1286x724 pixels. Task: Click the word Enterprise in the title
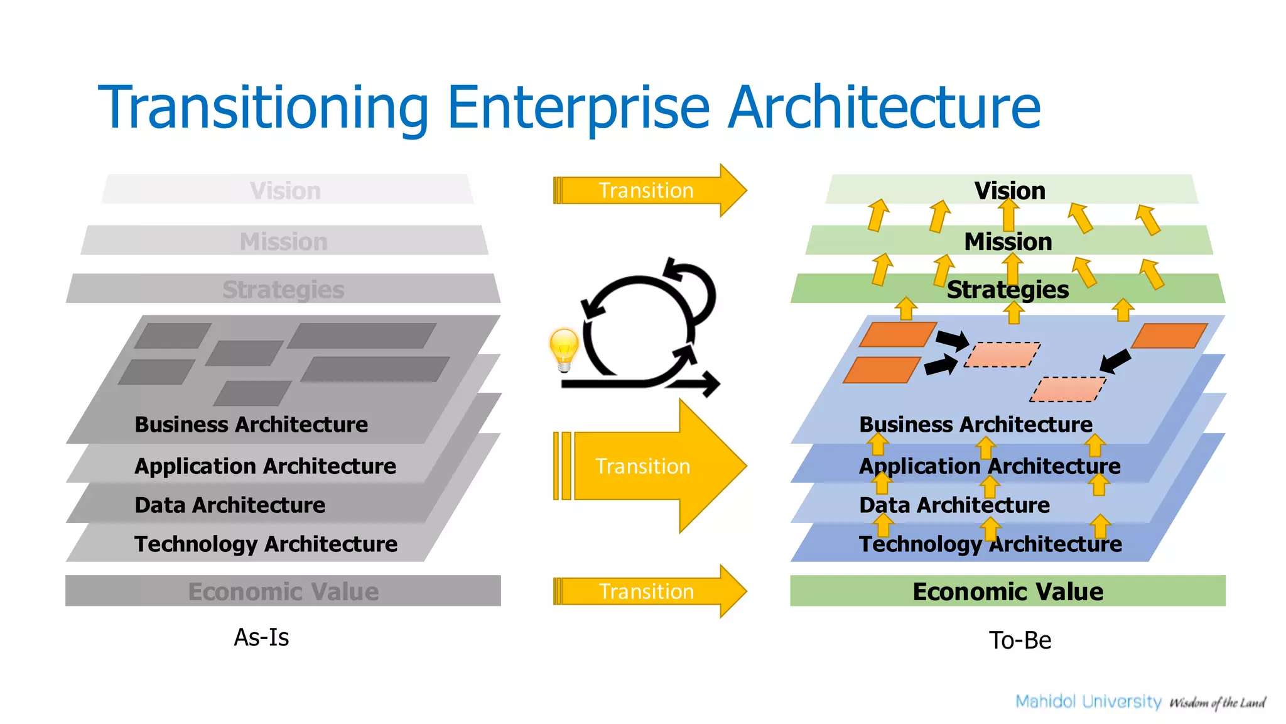pyautogui.click(x=578, y=108)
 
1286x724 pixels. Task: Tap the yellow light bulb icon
pyautogui.click(x=563, y=349)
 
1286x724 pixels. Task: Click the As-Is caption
pyautogui.click(x=261, y=637)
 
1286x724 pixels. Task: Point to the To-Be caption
pyautogui.click(x=1020, y=640)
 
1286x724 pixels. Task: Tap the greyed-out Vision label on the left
pyautogui.click(x=285, y=190)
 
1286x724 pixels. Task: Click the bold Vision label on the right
pyautogui.click(x=1009, y=190)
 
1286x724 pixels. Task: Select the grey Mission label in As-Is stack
pyautogui.click(x=284, y=241)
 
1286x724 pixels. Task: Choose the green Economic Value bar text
pyautogui.click(x=1007, y=591)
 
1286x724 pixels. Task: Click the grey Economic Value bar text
pyautogui.click(x=283, y=591)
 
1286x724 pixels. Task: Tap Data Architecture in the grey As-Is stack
pyautogui.click(x=230, y=505)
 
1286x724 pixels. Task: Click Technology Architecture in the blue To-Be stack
pyautogui.click(x=990, y=544)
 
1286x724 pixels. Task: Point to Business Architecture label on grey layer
pyautogui.click(x=251, y=424)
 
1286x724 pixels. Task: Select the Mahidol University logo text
pyautogui.click(x=1088, y=701)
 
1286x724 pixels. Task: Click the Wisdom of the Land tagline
pyautogui.click(x=1217, y=703)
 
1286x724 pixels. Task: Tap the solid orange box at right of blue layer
pyautogui.click(x=1169, y=336)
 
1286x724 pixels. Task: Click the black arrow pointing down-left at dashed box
pyautogui.click(x=1116, y=361)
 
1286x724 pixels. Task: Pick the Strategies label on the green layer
pyautogui.click(x=1007, y=290)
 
